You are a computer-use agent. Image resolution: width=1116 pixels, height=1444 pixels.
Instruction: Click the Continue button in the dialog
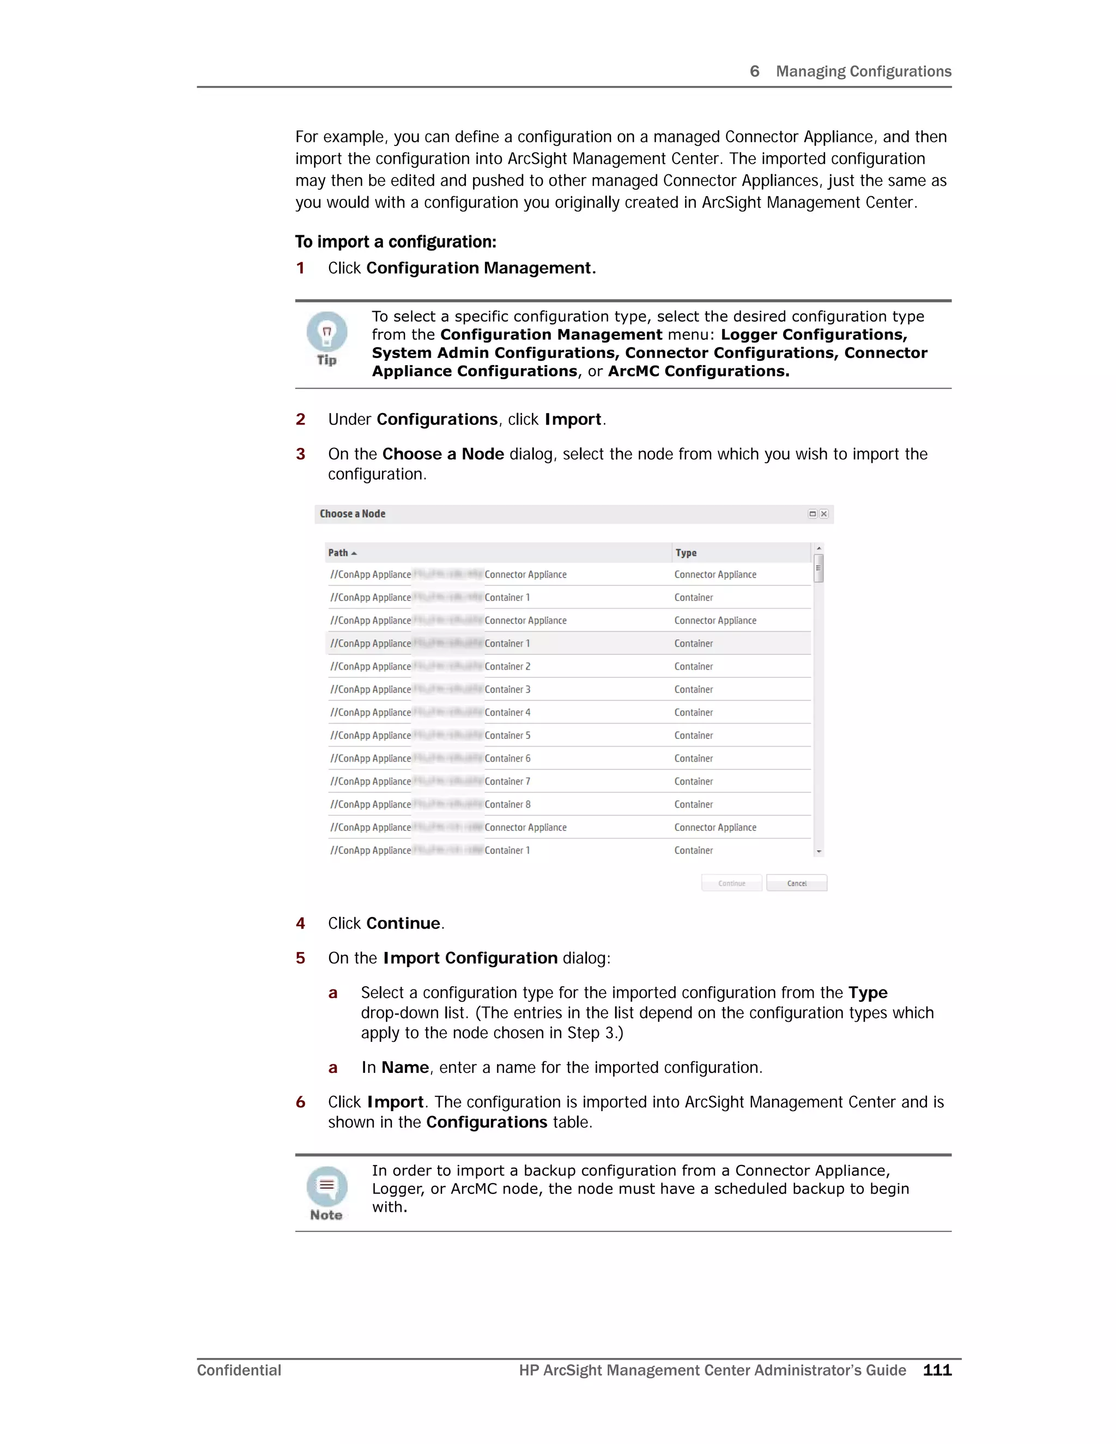coord(731,883)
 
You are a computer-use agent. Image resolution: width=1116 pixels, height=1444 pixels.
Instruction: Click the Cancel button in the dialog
coord(797,883)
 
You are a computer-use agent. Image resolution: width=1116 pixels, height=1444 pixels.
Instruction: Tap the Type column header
coord(686,553)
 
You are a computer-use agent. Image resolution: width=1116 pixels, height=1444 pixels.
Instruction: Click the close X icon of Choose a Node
coord(824,514)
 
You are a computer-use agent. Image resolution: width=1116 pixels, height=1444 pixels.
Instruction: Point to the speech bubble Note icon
coord(326,1186)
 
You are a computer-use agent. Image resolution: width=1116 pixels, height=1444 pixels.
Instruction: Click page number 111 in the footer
coord(937,1370)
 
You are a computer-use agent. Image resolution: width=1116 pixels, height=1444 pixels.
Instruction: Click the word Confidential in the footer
coord(239,1370)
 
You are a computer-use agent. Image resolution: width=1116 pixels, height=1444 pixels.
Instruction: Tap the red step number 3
coord(301,454)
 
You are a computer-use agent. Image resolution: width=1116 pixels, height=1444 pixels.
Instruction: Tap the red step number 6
coord(301,1102)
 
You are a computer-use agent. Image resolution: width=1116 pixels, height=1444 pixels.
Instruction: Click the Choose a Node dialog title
coord(353,514)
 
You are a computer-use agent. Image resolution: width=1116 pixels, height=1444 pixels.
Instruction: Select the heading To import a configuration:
coord(396,242)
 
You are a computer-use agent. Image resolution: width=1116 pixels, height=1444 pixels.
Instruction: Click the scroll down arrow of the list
coord(818,852)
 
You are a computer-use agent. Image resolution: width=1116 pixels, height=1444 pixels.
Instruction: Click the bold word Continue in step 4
coord(403,924)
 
